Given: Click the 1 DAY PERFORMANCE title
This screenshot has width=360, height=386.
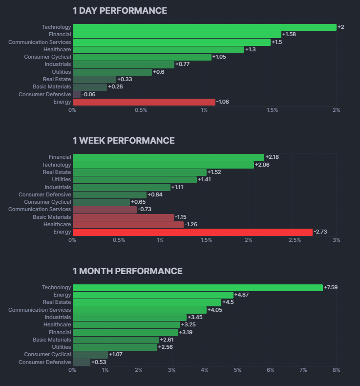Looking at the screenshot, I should click(120, 11).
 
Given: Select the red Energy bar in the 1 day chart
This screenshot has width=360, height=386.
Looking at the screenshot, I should click(144, 102).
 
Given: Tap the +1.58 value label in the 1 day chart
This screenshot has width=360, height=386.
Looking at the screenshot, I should click(289, 34).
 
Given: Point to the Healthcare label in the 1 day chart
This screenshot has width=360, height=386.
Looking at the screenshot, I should click(57, 49).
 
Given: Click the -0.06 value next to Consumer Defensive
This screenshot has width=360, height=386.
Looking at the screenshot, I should click(88, 94).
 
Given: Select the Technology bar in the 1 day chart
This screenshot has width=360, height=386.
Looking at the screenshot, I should click(205, 27).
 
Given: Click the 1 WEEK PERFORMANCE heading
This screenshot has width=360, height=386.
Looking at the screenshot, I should click(124, 141).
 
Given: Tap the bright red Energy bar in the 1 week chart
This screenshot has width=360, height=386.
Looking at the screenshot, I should click(192, 232).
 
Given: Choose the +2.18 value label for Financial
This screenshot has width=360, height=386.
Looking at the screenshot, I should click(272, 157).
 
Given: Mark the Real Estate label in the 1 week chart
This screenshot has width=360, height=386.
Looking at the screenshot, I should click(57, 172).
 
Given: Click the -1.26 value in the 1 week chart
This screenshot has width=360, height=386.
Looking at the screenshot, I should click(192, 224).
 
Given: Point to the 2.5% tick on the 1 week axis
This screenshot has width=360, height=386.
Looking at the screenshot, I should click(295, 240).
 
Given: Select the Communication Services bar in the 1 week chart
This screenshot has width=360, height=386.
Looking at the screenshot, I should click(105, 209).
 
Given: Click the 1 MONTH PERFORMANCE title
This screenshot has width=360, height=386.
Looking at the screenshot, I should click(127, 271).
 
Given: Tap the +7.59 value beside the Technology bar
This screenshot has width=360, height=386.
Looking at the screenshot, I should click(331, 287).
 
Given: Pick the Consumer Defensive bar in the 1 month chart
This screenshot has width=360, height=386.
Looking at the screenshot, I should click(82, 362).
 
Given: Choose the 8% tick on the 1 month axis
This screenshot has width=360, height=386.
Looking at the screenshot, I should click(336, 370).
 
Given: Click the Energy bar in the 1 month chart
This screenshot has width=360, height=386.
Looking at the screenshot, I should click(153, 295).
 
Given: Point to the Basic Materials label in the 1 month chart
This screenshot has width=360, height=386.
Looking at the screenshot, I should click(52, 340).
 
